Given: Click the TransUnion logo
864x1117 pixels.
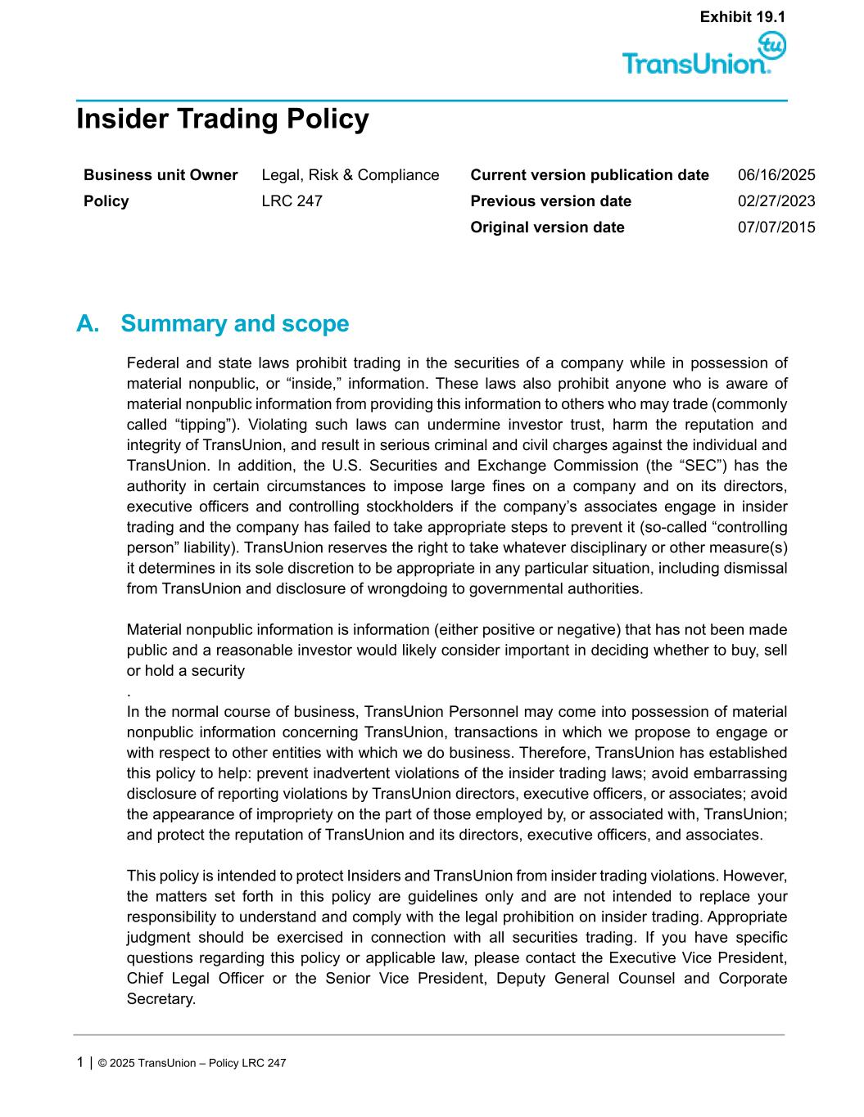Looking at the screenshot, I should (x=703, y=56).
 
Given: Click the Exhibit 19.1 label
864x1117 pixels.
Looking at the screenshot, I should (x=743, y=16).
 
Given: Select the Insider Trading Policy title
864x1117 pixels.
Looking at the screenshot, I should (x=222, y=119).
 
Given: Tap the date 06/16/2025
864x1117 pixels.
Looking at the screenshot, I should (x=776, y=175).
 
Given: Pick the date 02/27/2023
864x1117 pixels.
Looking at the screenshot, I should (x=776, y=201).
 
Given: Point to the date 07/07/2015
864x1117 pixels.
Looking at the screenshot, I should (x=776, y=227).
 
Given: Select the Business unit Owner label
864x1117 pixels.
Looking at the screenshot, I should (x=161, y=175).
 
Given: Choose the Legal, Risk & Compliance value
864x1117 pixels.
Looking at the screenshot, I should (x=350, y=175).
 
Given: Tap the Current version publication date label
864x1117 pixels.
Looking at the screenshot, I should (x=590, y=175).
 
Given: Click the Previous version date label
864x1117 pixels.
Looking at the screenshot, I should (x=550, y=201).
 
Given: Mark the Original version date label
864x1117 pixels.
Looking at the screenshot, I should (x=547, y=227).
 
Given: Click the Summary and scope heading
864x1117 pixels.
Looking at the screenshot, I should (x=234, y=324).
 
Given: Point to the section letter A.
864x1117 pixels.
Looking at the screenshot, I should (x=87, y=324).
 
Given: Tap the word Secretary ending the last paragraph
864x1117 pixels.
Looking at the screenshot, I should (x=161, y=999).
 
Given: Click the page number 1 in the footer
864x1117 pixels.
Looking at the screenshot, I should (x=79, y=1062).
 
